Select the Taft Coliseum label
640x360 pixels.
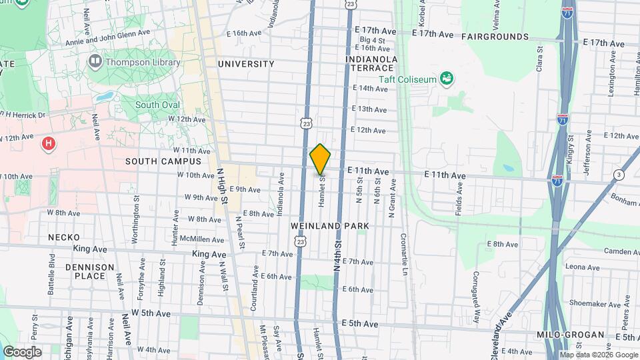408,79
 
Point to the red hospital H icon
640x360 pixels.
47,143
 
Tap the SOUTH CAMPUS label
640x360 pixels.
163,161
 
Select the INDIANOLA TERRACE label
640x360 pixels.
372,64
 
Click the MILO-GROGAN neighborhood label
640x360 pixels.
571,335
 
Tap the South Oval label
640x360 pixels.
157,105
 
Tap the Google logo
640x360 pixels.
22,351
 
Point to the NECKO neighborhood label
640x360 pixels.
64,237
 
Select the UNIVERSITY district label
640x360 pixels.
246,64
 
